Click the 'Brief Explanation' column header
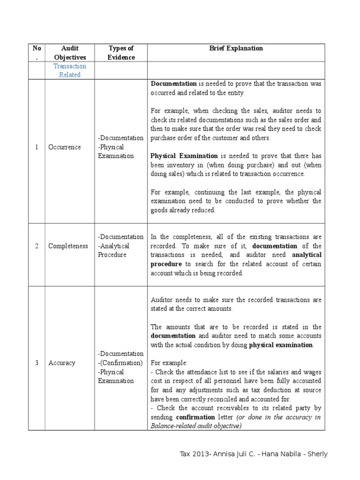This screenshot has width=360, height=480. point(236,48)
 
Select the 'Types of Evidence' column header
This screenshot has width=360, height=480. point(121,52)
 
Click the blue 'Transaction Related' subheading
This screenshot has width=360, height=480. point(69,70)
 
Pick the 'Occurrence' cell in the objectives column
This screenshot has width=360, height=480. point(64,147)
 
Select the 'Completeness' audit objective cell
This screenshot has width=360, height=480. point(68,246)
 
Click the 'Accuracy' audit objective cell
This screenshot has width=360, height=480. point(61,363)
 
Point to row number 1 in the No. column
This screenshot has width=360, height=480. point(36,147)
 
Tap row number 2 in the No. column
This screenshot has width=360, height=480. point(36,246)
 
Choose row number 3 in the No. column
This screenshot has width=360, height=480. point(36,363)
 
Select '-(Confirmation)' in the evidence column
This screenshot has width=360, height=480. point(120,363)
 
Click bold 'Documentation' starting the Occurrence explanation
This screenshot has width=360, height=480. point(173,84)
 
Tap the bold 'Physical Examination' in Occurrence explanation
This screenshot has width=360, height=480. point(184,156)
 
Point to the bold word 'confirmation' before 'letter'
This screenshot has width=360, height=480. point(195,417)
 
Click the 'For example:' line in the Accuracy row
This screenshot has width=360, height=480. point(169,363)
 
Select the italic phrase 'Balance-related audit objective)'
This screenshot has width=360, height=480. point(195,426)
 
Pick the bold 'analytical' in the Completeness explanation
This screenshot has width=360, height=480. point(307,255)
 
